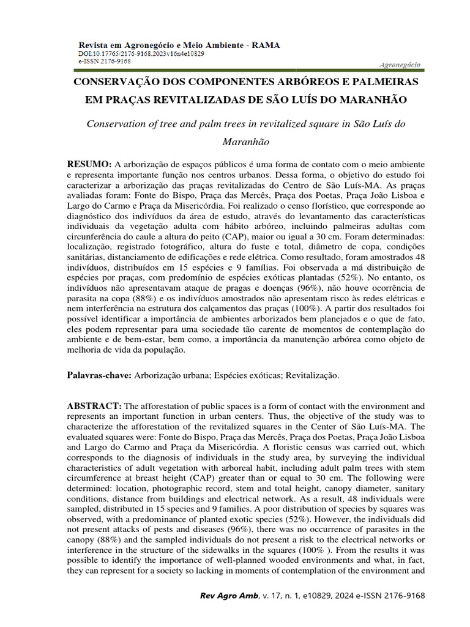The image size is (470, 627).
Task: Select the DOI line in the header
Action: pyautogui.click(x=141, y=54)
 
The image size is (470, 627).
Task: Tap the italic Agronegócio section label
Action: pyautogui.click(x=399, y=64)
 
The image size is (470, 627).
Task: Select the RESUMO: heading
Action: pyautogui.click(x=89, y=164)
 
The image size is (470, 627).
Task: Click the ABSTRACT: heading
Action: pyautogui.click(x=95, y=406)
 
